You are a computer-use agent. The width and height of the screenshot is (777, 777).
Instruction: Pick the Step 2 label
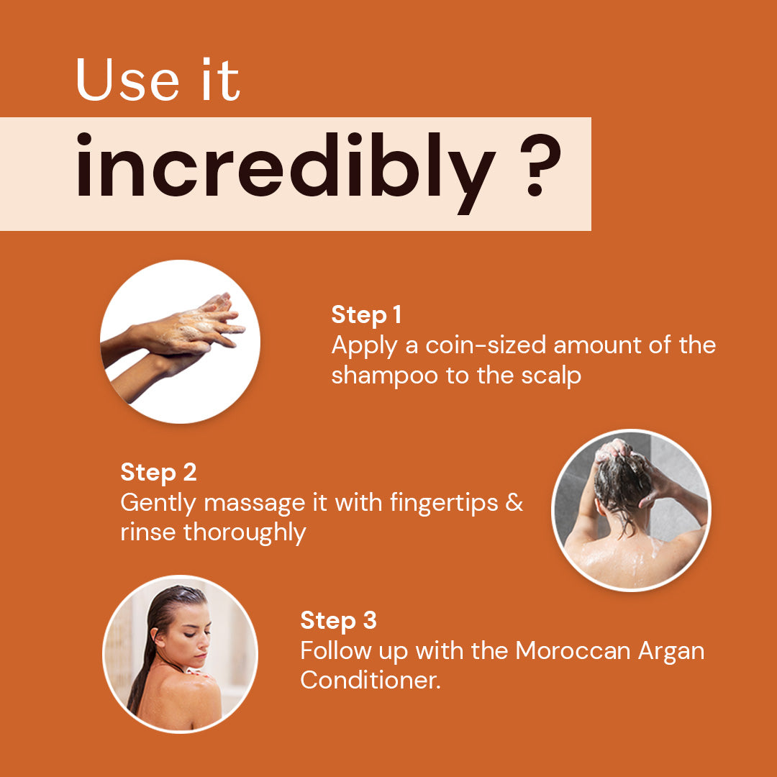click(158, 472)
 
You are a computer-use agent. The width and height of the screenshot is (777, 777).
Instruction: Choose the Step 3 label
click(338, 620)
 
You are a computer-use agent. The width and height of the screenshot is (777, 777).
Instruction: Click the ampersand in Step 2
click(514, 502)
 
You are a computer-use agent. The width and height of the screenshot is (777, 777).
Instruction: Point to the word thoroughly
click(245, 532)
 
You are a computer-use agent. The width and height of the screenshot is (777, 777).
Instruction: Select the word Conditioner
click(370, 681)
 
